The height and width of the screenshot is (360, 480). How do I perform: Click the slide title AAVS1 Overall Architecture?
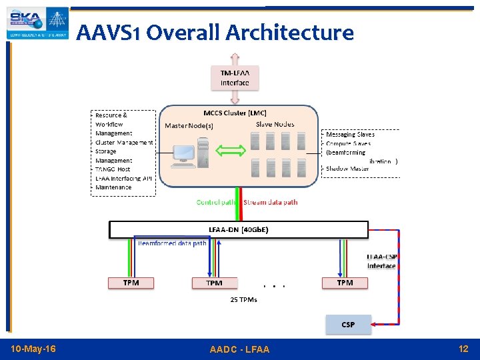pyautogui.click(x=215, y=32)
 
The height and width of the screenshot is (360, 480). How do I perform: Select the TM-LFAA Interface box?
pyautogui.click(x=235, y=77)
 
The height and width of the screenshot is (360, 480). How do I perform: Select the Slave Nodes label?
pyautogui.click(x=275, y=125)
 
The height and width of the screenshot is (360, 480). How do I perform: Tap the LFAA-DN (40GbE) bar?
pyautogui.click(x=239, y=230)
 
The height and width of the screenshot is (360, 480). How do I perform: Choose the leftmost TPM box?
pyautogui.click(x=131, y=283)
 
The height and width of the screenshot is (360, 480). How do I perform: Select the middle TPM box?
pyautogui.click(x=214, y=283)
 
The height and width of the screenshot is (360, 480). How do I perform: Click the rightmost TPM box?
pyautogui.click(x=345, y=283)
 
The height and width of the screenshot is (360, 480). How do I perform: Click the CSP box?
pyautogui.click(x=348, y=325)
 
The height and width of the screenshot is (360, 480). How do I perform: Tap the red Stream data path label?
pyautogui.click(x=271, y=202)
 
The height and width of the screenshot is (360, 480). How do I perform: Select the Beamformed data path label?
pyautogui.click(x=172, y=243)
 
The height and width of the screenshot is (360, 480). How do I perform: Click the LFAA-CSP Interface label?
pyautogui.click(x=381, y=261)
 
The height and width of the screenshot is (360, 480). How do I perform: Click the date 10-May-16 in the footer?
pyautogui.click(x=34, y=349)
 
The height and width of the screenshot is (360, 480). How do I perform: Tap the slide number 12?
pyautogui.click(x=463, y=349)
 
